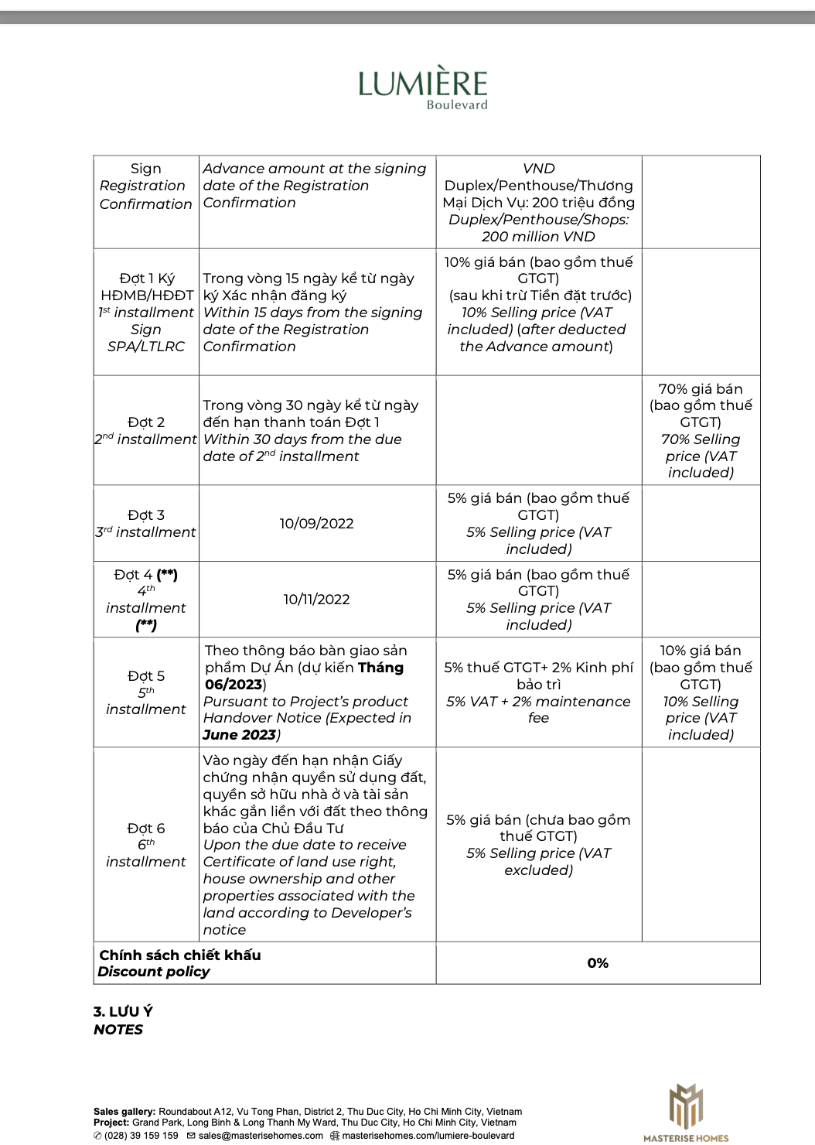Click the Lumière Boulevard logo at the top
click(422, 87)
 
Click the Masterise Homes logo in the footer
click(685, 1113)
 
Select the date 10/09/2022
click(316, 524)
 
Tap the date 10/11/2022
click(316, 600)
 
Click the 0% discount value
click(598, 963)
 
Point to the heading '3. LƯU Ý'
click(124, 1012)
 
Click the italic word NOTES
click(118, 1030)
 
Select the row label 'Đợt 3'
click(145, 515)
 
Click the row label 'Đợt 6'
click(145, 829)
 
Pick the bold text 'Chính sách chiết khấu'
click(180, 955)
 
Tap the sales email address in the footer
click(261, 1136)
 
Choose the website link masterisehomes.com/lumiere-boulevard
click(428, 1136)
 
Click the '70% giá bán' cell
click(701, 389)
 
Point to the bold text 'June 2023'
click(239, 735)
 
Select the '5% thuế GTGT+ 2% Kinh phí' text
click(538, 668)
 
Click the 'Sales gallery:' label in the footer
click(124, 1112)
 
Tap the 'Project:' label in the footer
click(111, 1123)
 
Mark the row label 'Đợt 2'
click(145, 422)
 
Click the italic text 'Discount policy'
click(153, 972)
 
